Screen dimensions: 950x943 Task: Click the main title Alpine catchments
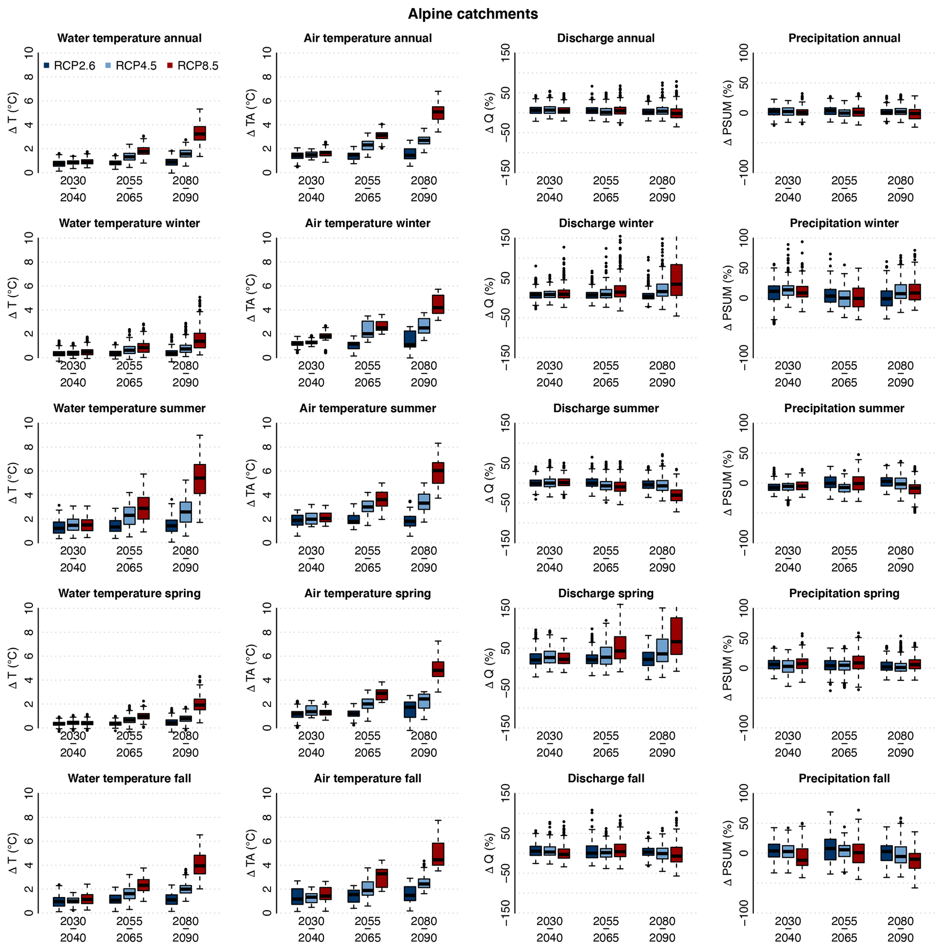473,14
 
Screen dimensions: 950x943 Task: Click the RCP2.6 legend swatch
47,65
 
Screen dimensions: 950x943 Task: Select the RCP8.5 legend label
198,66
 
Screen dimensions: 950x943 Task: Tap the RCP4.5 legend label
135,66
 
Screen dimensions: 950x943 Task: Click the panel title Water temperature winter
129,223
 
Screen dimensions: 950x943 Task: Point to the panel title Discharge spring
606,594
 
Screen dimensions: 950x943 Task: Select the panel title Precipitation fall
844,778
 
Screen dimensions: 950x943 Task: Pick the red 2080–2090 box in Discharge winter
677,280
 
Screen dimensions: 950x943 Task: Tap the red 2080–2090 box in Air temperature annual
438,113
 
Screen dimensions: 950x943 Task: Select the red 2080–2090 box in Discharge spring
677,636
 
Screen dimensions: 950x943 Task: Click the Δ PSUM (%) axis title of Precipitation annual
728,113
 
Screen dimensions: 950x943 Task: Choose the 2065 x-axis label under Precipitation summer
844,568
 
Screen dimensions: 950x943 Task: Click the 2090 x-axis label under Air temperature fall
423,938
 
